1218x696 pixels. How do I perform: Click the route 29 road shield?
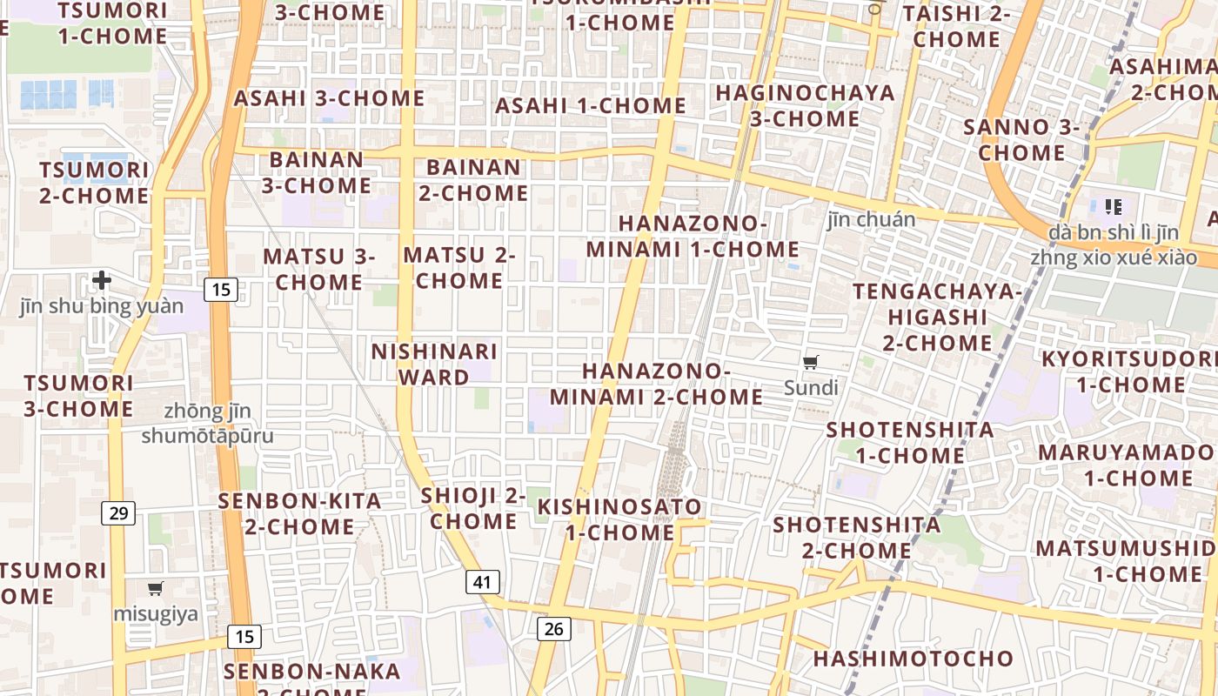point(118,513)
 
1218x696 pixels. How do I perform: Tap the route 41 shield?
point(482,582)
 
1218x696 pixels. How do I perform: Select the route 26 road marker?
point(553,628)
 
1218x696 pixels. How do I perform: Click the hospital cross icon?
point(102,280)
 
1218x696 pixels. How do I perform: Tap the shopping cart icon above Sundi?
point(810,363)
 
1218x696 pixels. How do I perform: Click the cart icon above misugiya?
point(156,589)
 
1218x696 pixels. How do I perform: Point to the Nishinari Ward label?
point(434,365)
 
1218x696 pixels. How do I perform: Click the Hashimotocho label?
point(913,659)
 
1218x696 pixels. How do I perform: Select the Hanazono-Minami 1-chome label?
point(693,237)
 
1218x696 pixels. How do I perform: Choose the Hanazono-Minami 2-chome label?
point(656,384)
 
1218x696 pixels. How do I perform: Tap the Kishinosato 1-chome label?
point(619,519)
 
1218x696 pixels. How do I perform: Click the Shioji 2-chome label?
point(473,508)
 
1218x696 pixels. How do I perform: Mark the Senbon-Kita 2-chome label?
point(299,513)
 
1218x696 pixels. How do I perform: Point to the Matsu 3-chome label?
point(318,269)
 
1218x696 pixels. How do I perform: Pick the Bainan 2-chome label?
point(473,180)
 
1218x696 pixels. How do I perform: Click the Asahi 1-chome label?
point(591,106)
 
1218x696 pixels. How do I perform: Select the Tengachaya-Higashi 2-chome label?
point(937,317)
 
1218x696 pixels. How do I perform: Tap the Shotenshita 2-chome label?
point(857,538)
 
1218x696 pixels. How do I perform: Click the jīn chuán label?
point(871,219)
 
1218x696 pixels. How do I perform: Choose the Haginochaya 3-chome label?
point(805,105)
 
